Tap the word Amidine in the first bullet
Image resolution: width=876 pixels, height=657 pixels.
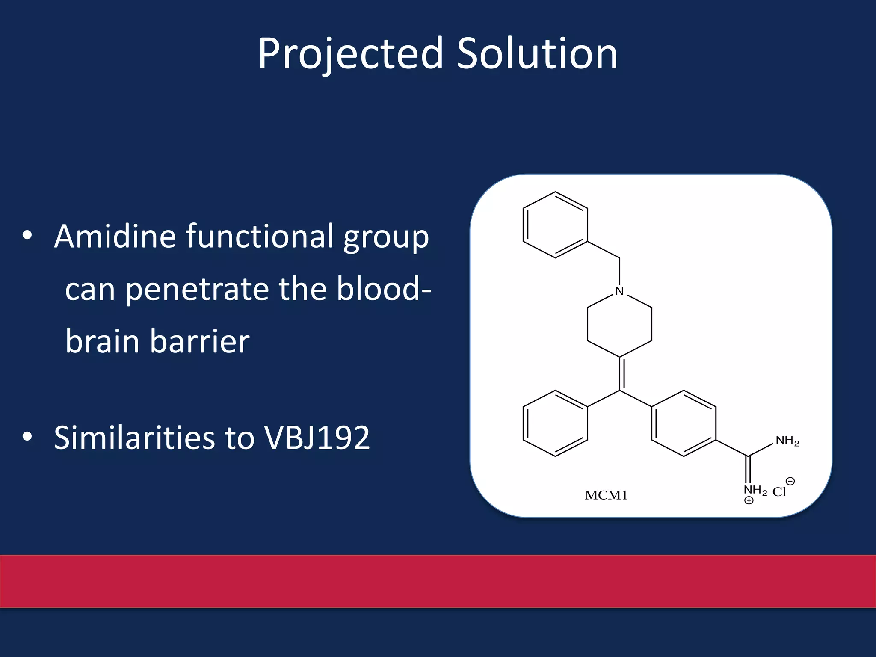click(x=115, y=236)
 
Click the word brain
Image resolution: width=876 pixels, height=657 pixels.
click(x=102, y=342)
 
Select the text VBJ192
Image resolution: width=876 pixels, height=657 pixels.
click(x=317, y=438)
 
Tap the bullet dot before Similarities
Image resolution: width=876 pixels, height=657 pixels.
click(x=27, y=436)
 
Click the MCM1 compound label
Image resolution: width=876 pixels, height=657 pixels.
click(x=606, y=495)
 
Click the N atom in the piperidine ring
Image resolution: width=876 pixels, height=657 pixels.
click(x=619, y=291)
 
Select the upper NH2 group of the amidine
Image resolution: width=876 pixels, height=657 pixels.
click(x=787, y=441)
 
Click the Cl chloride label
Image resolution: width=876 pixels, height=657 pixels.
click(x=779, y=492)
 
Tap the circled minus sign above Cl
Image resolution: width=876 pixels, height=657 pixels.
click(x=790, y=481)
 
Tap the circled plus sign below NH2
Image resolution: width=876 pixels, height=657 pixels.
click(x=749, y=500)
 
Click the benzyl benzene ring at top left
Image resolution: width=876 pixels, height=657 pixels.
click(x=555, y=225)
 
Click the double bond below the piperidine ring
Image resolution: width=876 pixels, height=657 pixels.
click(x=621, y=373)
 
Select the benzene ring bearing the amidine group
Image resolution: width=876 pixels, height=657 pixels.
click(x=684, y=423)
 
